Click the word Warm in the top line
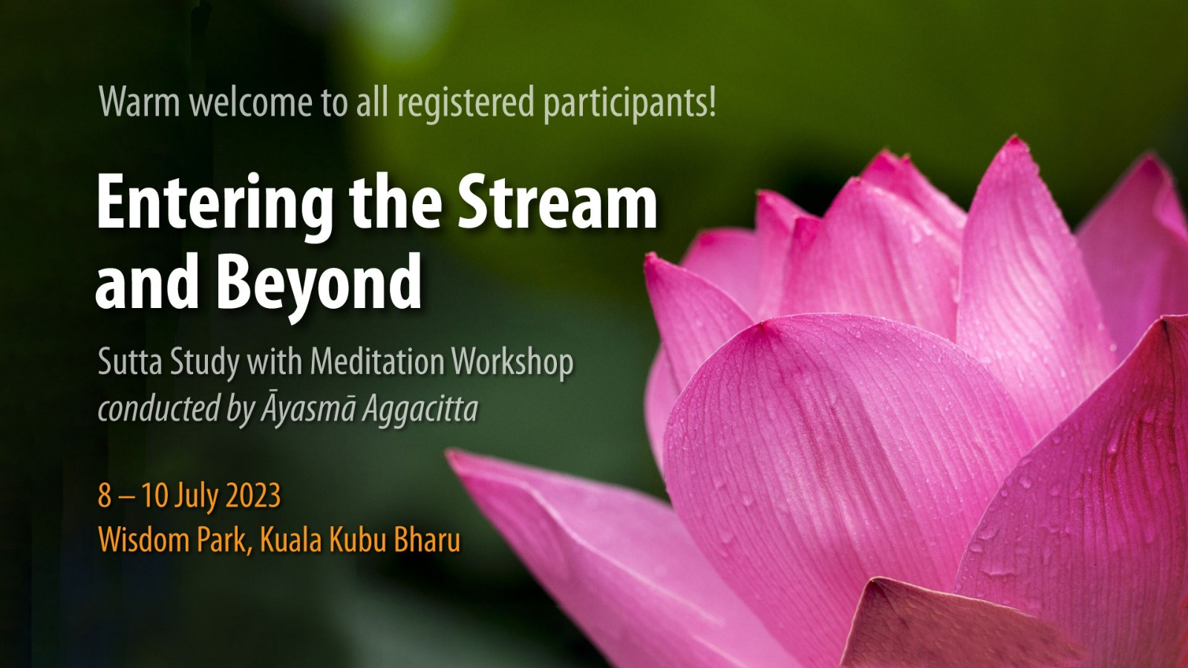point(140,102)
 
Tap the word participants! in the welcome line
point(630,103)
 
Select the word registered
point(466,103)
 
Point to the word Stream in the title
point(557,202)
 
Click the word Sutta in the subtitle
point(130,362)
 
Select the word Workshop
point(512,362)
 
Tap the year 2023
point(253,496)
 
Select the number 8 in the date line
point(105,496)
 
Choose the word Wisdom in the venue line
point(144,540)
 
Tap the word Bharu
point(427,540)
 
